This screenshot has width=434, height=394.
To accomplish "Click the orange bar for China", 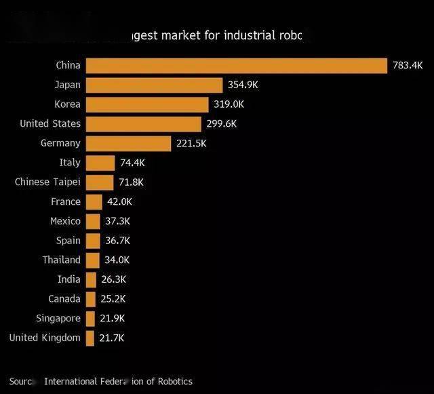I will pyautogui.click(x=236, y=66).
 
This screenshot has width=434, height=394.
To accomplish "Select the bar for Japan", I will pyautogui.click(x=154, y=85).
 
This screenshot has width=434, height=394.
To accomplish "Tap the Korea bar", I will pyautogui.click(x=147, y=104).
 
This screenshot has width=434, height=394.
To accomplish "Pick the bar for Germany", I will pyautogui.click(x=128, y=143).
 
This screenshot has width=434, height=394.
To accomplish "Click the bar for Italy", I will pyautogui.click(x=100, y=163).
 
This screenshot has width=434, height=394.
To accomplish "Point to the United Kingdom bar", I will pyautogui.click(x=90, y=338).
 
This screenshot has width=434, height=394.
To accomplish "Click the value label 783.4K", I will pyautogui.click(x=408, y=66).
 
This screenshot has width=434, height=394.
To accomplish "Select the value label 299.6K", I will pyautogui.click(x=222, y=124).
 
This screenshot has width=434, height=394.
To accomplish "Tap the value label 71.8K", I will pyautogui.click(x=131, y=182).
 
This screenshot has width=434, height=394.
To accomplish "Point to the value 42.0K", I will pyautogui.click(x=119, y=202).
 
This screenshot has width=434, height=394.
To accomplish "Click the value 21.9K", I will pyautogui.click(x=111, y=319).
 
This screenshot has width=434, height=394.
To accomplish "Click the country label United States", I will pyautogui.click(x=50, y=123).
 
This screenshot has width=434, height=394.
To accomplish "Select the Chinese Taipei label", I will pyautogui.click(x=47, y=182).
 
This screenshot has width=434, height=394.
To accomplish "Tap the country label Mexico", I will pyautogui.click(x=65, y=221).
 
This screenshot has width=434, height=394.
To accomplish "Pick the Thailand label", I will pyautogui.click(x=61, y=260).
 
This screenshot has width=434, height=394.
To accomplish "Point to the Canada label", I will pyautogui.click(x=64, y=298).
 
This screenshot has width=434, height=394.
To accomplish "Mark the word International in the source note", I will pyautogui.click(x=71, y=381).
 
